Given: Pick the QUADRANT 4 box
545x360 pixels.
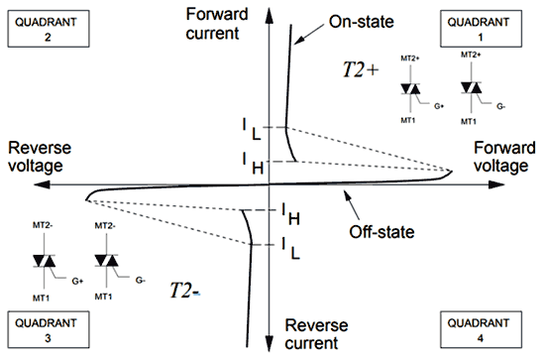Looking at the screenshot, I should tap(487, 328).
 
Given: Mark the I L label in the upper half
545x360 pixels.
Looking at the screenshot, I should tap(252, 128).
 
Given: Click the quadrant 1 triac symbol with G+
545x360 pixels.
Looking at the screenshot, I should tap(411, 91).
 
